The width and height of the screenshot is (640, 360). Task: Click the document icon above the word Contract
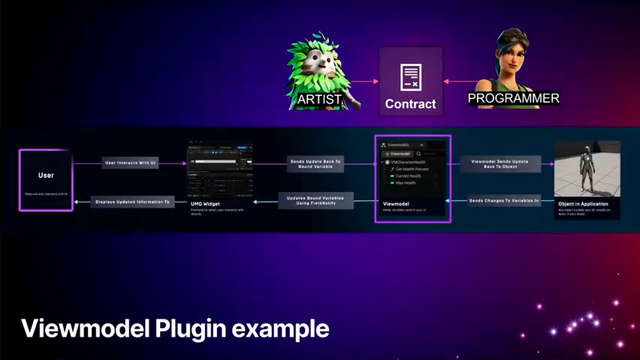point(410,77)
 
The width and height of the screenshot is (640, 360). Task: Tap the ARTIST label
point(319,99)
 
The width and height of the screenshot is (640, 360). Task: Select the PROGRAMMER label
point(513,98)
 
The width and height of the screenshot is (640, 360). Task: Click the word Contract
point(410,104)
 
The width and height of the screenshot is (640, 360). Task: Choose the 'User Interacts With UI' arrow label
point(130,163)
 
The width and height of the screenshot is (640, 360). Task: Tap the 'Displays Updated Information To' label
point(132,202)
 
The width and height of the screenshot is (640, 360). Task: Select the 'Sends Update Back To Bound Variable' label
point(315,163)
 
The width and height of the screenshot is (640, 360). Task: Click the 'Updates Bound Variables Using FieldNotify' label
point(315,201)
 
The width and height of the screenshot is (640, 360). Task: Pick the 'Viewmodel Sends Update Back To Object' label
point(500,163)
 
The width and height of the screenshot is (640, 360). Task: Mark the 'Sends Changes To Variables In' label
point(503,201)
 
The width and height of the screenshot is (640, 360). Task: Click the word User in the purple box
point(46,175)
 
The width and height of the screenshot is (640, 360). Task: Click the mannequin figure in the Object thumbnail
point(586,170)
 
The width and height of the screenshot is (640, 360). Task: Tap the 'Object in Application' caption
point(583,204)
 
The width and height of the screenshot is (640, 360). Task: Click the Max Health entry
point(405,183)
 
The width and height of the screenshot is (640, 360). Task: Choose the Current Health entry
point(408,176)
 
